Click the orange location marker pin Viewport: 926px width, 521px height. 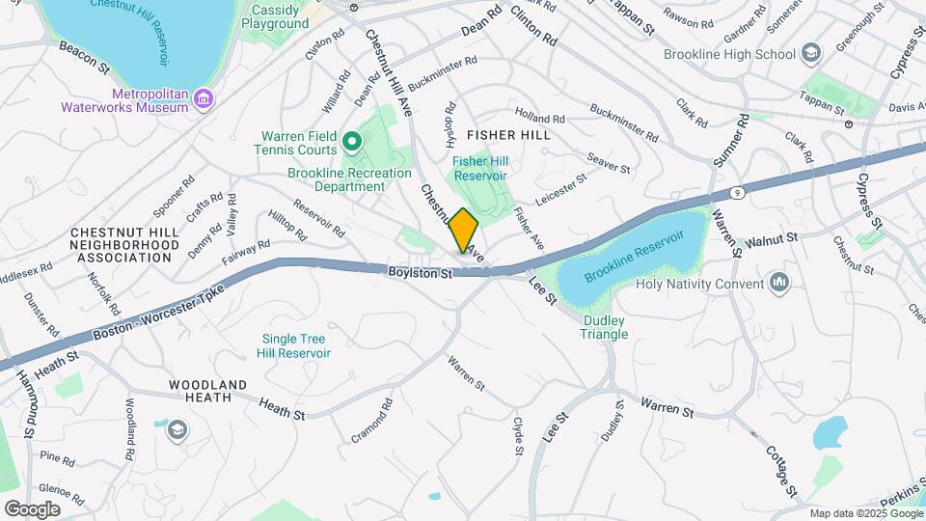click(x=464, y=231)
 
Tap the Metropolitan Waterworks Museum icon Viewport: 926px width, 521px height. click(x=204, y=98)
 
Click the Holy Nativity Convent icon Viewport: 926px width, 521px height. click(x=779, y=284)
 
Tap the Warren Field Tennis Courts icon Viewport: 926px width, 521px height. click(x=351, y=144)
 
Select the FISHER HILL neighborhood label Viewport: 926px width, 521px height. click(x=508, y=135)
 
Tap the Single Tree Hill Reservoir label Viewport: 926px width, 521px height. click(x=293, y=346)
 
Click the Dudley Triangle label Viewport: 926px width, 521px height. click(x=605, y=327)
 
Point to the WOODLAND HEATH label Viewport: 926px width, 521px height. click(x=207, y=391)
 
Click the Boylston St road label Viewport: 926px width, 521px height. click(x=420, y=274)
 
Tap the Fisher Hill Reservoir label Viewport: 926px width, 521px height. click(x=479, y=169)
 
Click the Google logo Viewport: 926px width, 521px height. click(x=32, y=508)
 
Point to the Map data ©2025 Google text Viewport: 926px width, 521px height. click(x=864, y=513)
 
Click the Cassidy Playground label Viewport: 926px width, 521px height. click(x=275, y=15)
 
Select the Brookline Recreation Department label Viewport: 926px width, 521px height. click(x=336, y=179)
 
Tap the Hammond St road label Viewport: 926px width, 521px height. click(x=26, y=395)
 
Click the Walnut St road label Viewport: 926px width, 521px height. click(x=771, y=237)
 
